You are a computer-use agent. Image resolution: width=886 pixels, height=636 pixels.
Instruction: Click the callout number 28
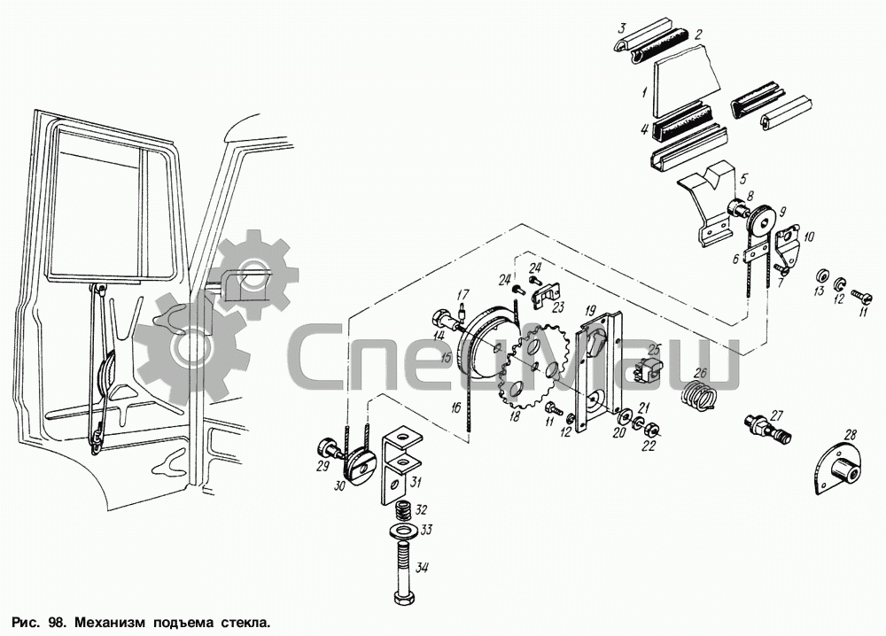pos(851,436)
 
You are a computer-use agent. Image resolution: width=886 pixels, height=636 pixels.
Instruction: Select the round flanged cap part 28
pos(838,469)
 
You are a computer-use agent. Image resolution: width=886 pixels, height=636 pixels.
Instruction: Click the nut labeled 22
pos(651,431)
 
